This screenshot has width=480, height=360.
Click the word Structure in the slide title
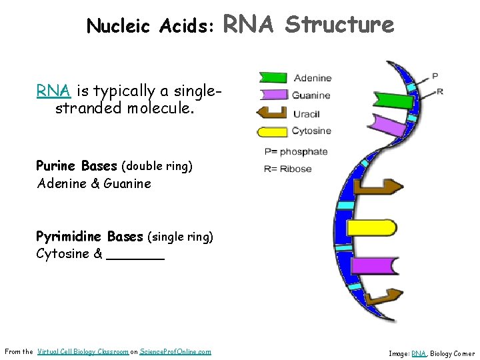point(339,25)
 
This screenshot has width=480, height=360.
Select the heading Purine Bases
point(76,165)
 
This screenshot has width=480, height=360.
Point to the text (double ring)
point(157,166)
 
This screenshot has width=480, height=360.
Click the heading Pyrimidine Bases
point(89,236)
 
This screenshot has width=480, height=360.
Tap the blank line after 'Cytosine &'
point(135,254)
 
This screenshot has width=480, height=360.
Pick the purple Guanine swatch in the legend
point(274,95)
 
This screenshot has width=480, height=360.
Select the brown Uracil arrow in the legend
point(272,112)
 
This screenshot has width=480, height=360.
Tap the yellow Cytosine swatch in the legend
point(273,131)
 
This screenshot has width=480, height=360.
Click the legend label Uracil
point(305,113)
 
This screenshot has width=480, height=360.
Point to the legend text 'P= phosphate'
point(296,151)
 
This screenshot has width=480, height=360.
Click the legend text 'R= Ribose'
point(288,169)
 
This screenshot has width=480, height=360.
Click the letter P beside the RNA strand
point(435,76)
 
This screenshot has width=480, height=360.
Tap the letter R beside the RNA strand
point(439,91)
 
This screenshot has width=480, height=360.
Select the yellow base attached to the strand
point(371,228)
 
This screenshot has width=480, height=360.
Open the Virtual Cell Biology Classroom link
point(83,351)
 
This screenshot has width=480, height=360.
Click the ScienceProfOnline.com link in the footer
point(175,351)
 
